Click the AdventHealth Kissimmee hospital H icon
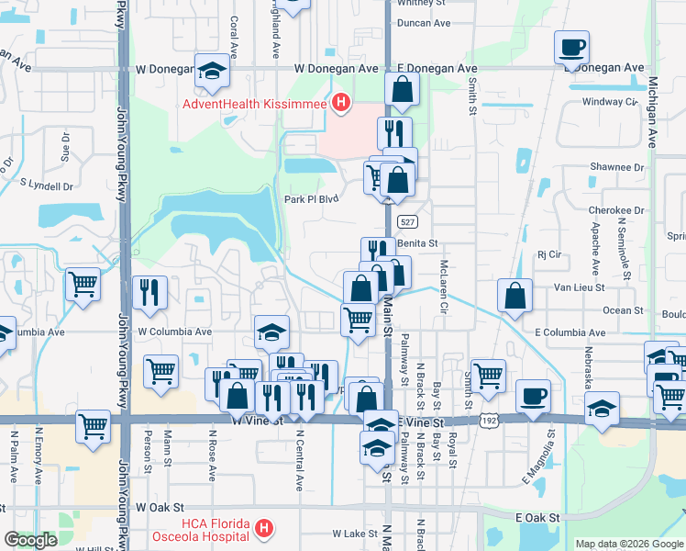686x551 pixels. point(341,103)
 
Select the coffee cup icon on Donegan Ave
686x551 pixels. point(571,48)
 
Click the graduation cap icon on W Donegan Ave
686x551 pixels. point(212,71)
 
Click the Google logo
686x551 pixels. point(30,540)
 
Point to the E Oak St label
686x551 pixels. point(537,518)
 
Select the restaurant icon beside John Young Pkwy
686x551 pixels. point(149,293)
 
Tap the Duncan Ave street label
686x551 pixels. point(424,23)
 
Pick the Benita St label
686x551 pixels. point(419,243)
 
